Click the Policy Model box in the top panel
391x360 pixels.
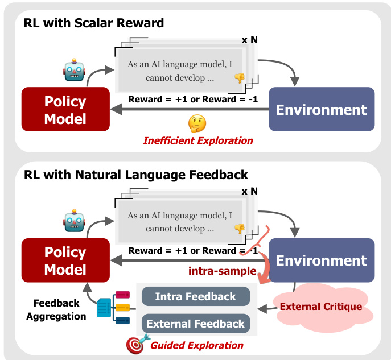(65, 110)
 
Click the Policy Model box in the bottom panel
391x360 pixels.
(65, 260)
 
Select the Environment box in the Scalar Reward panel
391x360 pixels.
(321, 109)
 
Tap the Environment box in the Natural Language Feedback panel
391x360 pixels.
(321, 260)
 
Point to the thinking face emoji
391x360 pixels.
(197, 123)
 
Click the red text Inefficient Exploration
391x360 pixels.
(197, 140)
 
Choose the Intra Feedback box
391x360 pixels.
(195, 296)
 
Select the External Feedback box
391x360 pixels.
(195, 324)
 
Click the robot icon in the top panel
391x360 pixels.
(74, 70)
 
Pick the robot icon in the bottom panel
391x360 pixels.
(74, 221)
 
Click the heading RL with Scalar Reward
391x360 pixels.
(94, 23)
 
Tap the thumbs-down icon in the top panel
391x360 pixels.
(239, 78)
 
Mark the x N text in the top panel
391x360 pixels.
(249, 40)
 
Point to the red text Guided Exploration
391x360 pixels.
(197, 345)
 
